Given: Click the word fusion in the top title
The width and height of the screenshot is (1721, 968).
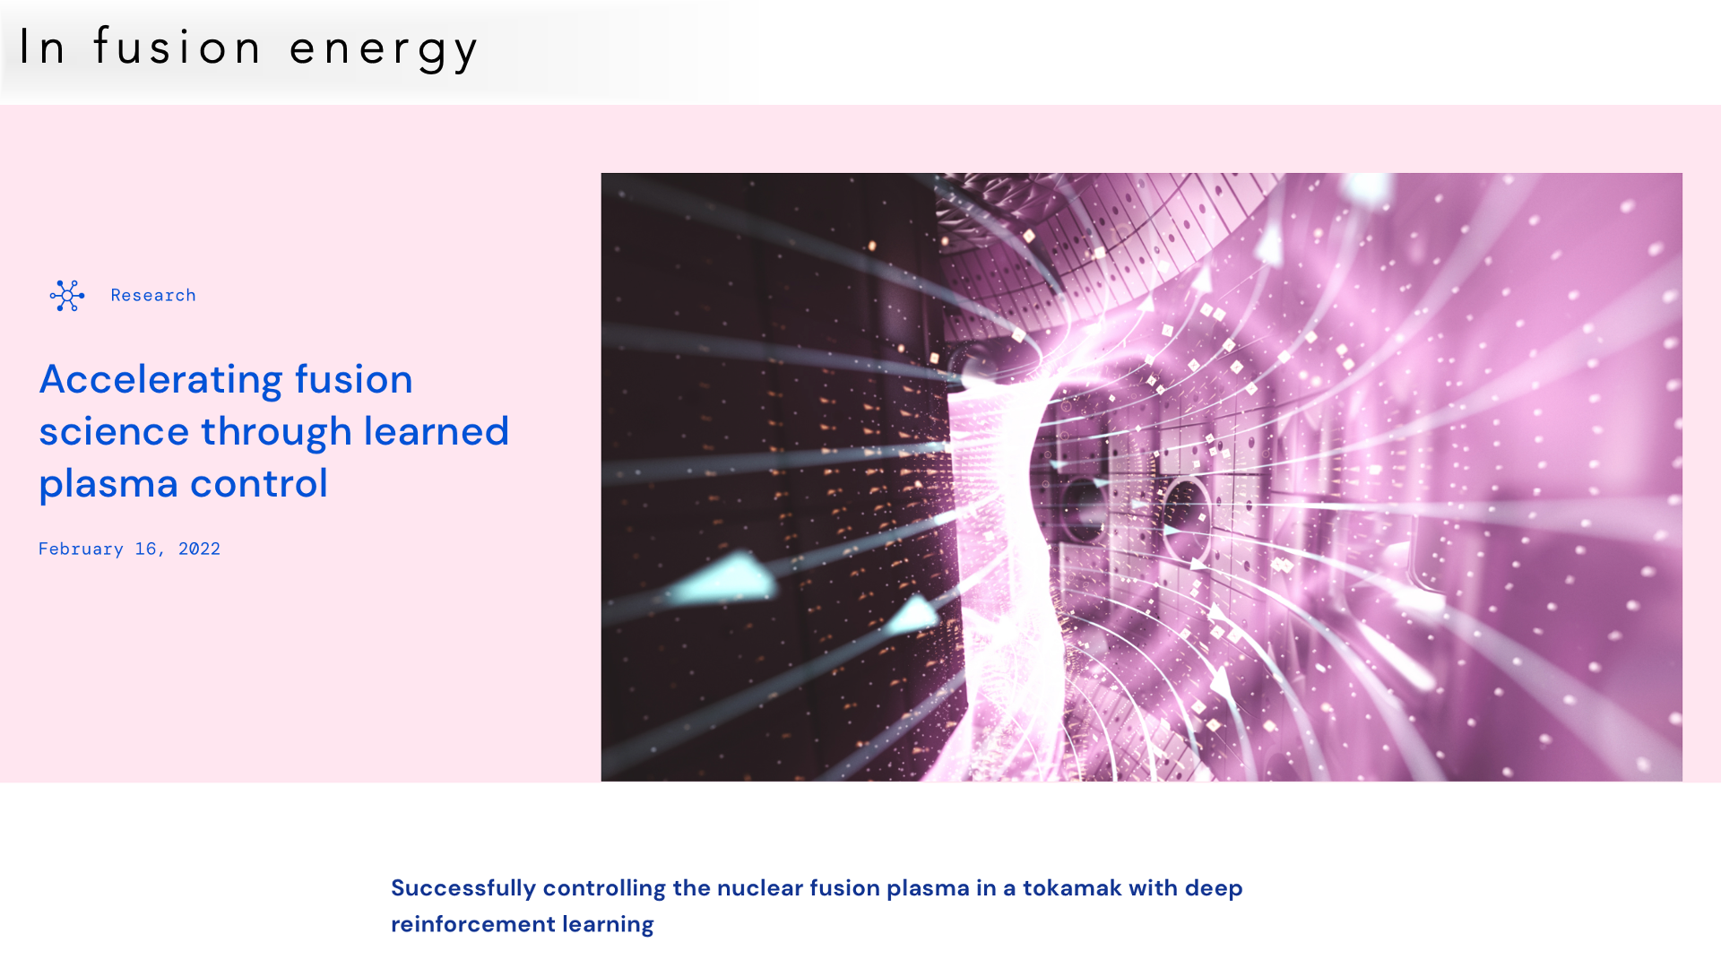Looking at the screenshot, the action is [x=177, y=46].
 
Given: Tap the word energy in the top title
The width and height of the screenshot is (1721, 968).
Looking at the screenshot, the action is [x=384, y=49].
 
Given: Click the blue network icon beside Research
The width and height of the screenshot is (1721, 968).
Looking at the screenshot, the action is [x=67, y=296].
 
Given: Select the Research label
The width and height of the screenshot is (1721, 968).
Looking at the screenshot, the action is [x=153, y=295].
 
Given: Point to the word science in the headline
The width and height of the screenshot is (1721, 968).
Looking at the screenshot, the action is [x=114, y=431].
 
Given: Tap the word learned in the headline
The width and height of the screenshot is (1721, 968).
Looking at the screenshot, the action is [x=436, y=431].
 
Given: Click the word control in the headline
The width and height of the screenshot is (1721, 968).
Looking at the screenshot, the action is [x=259, y=484].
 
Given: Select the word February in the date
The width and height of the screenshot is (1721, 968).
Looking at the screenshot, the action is [x=81, y=549].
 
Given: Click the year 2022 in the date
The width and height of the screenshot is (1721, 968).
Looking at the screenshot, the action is [x=199, y=549].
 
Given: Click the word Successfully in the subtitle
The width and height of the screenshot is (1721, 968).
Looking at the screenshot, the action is [x=463, y=888].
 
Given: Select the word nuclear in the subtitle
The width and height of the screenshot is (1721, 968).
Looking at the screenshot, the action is [x=760, y=888].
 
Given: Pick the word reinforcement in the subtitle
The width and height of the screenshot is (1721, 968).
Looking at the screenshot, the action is [x=473, y=924].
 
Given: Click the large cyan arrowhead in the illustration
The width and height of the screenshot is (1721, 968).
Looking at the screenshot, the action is [x=722, y=577].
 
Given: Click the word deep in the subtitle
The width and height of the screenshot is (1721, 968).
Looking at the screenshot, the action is [x=1214, y=889].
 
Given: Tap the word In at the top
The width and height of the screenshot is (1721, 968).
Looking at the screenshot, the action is [x=41, y=46].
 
